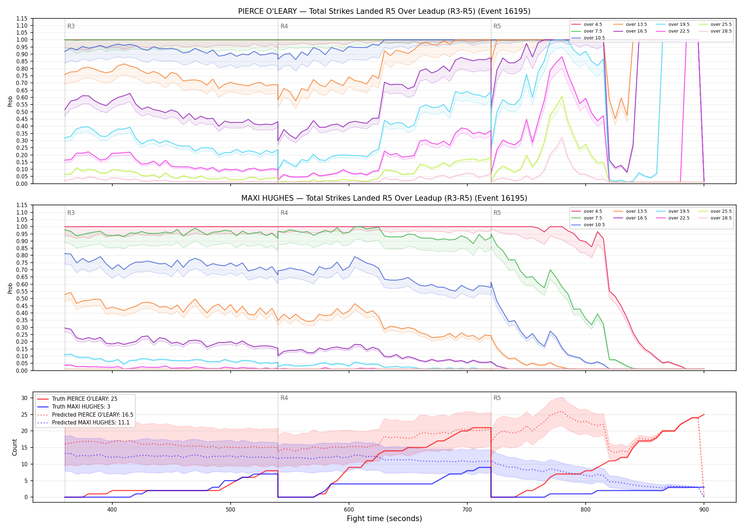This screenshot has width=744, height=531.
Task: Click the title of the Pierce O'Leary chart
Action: (384, 11)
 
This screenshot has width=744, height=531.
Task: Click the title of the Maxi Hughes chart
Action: (384, 198)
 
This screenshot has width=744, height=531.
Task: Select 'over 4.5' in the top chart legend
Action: (593, 24)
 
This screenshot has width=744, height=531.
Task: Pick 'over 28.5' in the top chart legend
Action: (721, 31)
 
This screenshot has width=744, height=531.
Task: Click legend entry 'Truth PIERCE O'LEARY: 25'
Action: (85, 399)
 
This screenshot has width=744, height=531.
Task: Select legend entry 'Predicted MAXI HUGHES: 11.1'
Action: (91, 422)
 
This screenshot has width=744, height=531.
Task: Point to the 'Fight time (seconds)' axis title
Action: (384, 519)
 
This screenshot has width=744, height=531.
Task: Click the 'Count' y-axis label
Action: (15, 447)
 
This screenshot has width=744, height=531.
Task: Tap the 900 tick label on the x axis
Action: (704, 509)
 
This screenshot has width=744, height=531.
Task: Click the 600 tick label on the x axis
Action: (349, 509)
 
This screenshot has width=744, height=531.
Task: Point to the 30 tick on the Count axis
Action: (24, 398)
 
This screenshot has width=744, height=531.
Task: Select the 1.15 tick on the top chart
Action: (22, 18)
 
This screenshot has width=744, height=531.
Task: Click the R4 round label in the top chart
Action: (284, 26)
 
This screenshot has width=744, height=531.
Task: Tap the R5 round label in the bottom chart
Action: (497, 398)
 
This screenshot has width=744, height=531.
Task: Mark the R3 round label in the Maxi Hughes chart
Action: (71, 213)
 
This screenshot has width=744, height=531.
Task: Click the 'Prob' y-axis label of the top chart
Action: (10, 101)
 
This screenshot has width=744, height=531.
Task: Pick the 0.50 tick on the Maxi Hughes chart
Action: (22, 298)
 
